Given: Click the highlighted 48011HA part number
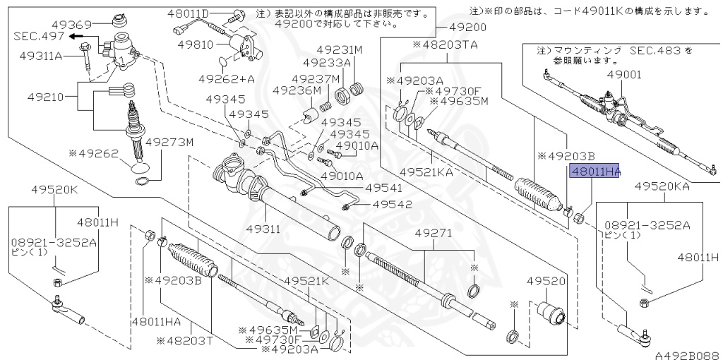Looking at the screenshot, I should (594, 171).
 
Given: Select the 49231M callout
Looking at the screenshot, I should (338, 50).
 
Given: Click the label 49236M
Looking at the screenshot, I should (297, 90).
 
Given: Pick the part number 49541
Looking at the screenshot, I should (383, 188).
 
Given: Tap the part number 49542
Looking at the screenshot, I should (393, 205).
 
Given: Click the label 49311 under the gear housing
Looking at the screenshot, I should (263, 229).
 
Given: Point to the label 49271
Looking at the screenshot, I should (434, 233).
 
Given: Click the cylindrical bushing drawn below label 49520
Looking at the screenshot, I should (549, 313).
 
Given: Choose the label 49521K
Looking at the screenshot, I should (307, 281).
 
